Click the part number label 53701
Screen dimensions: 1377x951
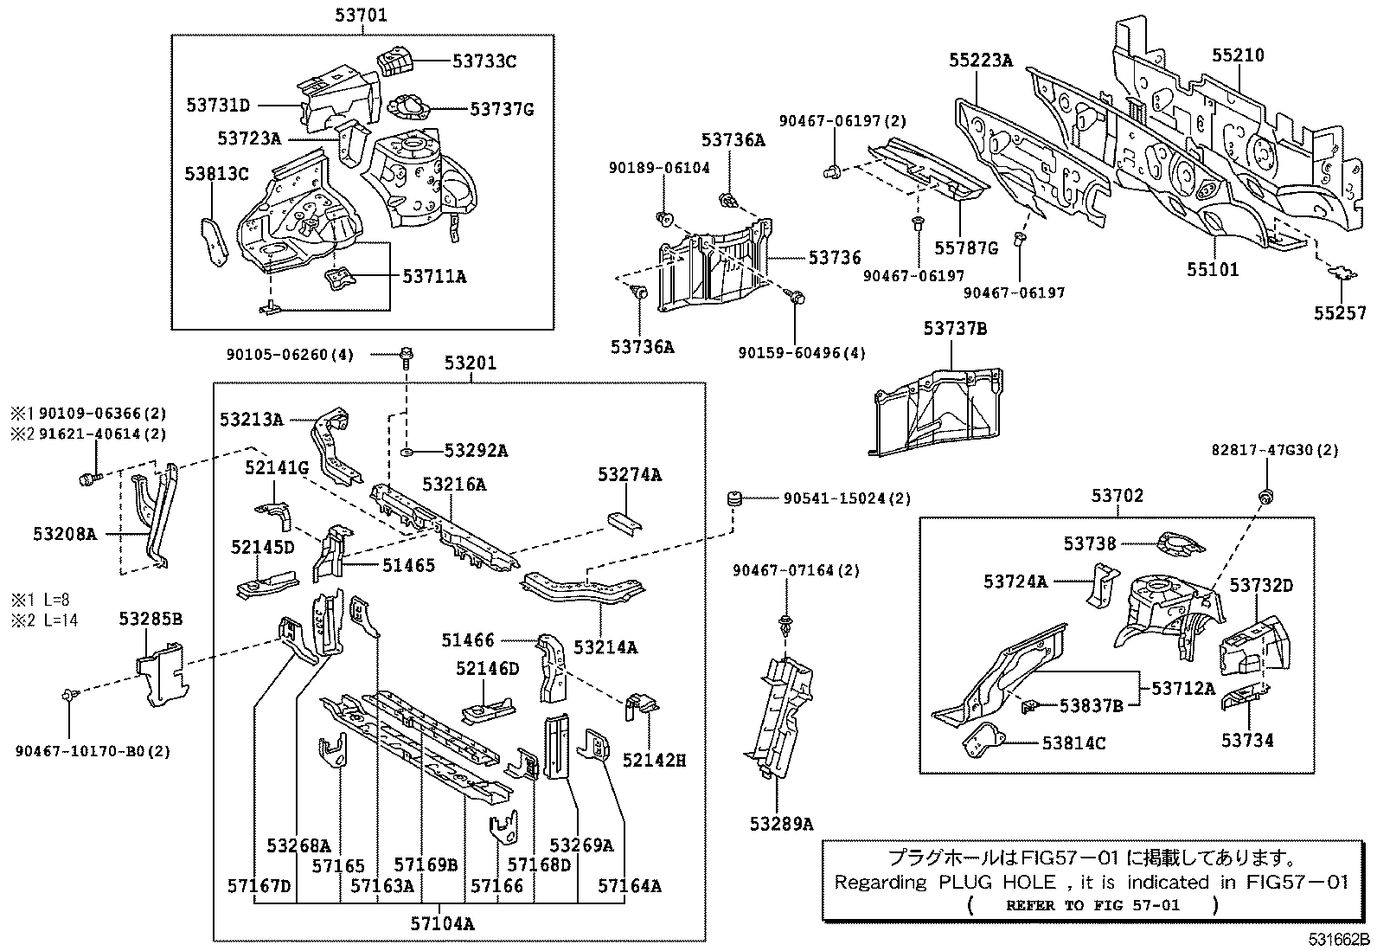pyautogui.click(x=361, y=15)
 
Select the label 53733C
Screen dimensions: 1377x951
pyautogui.click(x=484, y=61)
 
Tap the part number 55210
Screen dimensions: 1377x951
pyautogui.click(x=1238, y=55)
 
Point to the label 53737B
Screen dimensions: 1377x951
pyautogui.click(x=955, y=329)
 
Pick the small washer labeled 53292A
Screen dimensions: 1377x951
pyautogui.click(x=407, y=453)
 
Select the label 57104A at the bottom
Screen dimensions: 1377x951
pyautogui.click(x=443, y=923)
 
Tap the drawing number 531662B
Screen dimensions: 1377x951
pyautogui.click(x=1339, y=940)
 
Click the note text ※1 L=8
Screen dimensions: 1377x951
pyautogui.click(x=41, y=599)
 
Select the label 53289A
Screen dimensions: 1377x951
pyautogui.click(x=781, y=824)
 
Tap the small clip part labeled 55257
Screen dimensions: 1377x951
pyautogui.click(x=1342, y=273)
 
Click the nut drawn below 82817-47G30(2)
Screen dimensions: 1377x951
pyautogui.click(x=1265, y=496)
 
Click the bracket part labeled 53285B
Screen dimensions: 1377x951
pyautogui.click(x=161, y=673)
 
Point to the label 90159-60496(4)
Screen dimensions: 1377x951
pyautogui.click(x=802, y=353)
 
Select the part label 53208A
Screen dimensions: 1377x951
pyautogui.click(x=65, y=533)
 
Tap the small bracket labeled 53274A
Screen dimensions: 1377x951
pyautogui.click(x=625, y=524)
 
